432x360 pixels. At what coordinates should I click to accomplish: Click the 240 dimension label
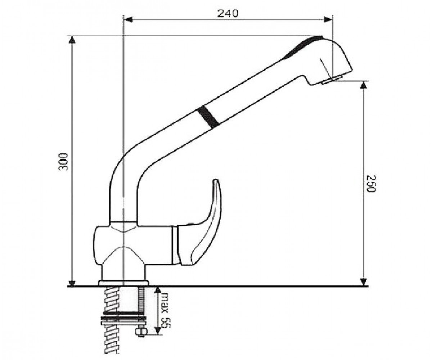click(x=228, y=14)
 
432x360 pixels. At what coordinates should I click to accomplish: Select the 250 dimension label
click(x=371, y=184)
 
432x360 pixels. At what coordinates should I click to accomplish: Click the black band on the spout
click(x=208, y=117)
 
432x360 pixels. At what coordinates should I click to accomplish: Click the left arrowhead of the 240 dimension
click(x=128, y=19)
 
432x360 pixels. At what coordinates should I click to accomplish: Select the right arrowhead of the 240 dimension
click(x=328, y=19)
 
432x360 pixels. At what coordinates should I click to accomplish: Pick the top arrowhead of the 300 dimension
click(x=72, y=40)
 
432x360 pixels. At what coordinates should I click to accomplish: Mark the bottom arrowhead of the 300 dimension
click(x=72, y=283)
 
